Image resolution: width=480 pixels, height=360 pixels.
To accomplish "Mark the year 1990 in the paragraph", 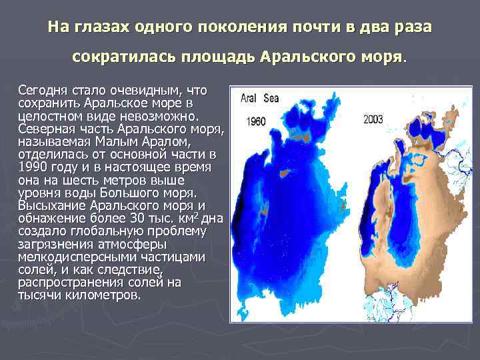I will [x=32, y=167].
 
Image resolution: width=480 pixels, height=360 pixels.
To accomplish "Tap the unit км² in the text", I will [x=194, y=218].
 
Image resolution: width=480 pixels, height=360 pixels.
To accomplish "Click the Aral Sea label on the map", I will [x=260, y=98].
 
